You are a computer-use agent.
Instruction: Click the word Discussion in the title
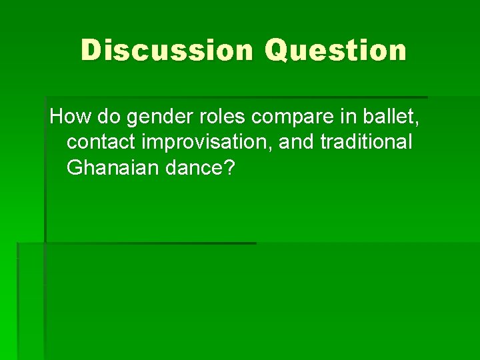tap(167, 51)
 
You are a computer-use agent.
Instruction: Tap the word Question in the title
tap(335, 51)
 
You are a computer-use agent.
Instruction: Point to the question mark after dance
tap(230, 168)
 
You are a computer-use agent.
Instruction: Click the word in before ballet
tap(347, 117)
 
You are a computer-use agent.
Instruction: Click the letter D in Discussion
tap(91, 51)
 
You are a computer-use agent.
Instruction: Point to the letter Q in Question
tap(277, 51)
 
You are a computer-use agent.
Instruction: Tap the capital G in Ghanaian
tap(75, 168)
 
